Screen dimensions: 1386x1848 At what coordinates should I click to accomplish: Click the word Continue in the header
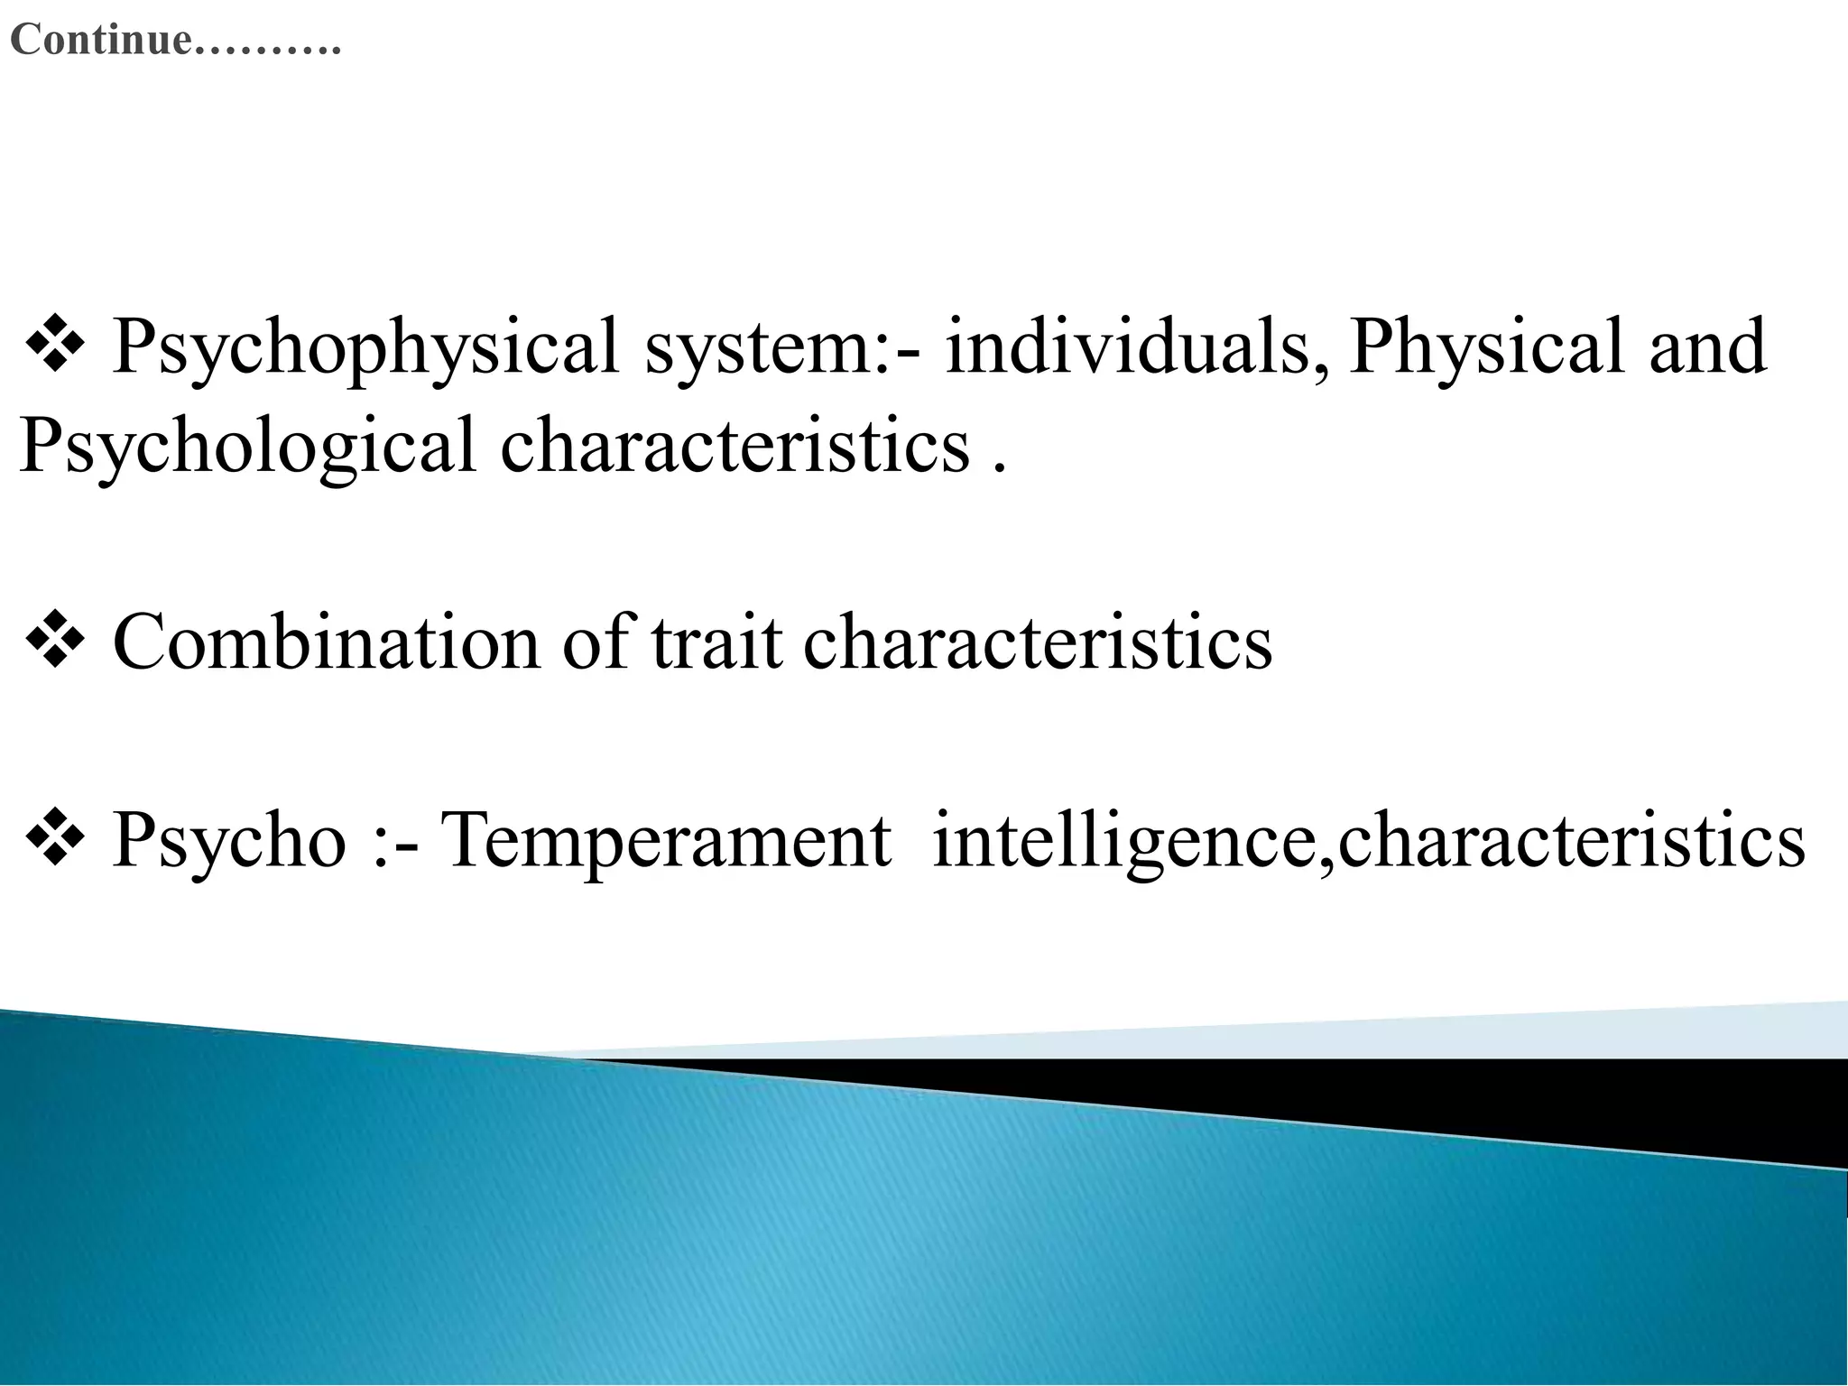coord(101,41)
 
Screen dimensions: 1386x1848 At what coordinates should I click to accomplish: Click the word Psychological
coord(246,447)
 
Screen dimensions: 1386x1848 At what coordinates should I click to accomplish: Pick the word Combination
coord(326,642)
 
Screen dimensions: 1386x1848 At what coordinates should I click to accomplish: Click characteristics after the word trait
coord(1038,642)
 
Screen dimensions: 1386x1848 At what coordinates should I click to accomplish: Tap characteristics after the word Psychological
coord(735,447)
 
